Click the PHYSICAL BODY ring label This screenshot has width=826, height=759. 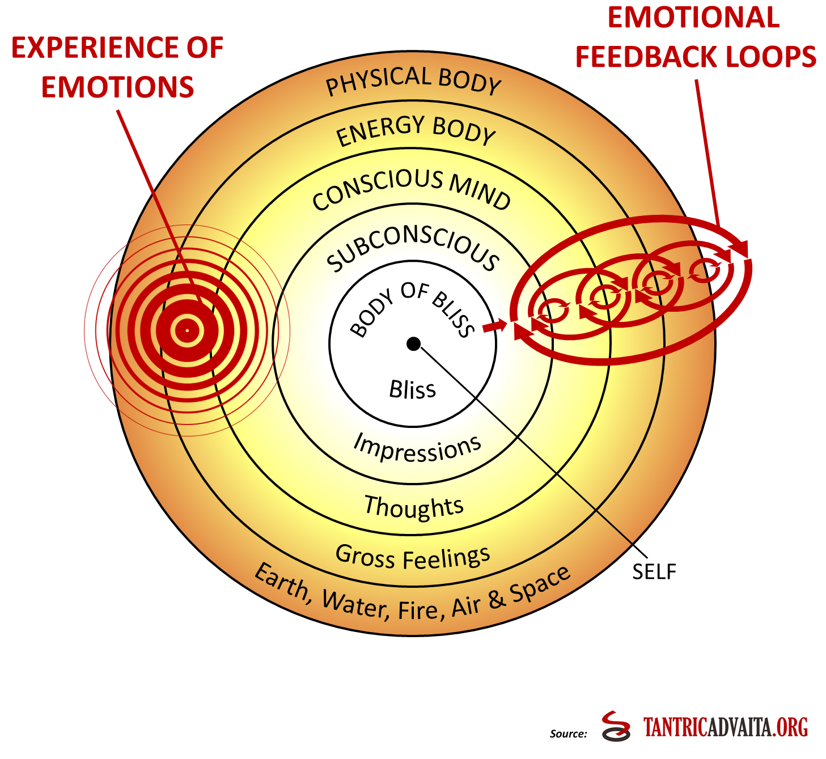point(413,80)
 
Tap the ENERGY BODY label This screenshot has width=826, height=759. point(416,130)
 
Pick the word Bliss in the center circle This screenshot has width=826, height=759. point(412,390)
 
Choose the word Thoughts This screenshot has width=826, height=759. point(414,506)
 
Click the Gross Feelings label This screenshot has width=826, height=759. point(413,557)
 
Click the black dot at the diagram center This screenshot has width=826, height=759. point(413,344)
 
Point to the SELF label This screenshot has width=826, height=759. point(654,572)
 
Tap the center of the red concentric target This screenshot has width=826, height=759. point(187,330)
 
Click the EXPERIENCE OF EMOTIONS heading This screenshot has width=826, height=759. point(117,67)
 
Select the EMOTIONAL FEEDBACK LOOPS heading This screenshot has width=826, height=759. point(695,37)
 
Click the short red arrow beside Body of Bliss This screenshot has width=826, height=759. point(494,327)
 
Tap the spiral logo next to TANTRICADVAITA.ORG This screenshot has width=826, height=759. point(616,726)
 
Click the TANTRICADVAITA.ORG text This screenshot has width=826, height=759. point(725,727)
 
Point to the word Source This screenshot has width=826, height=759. point(568,733)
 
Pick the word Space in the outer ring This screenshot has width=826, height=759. point(540,584)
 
